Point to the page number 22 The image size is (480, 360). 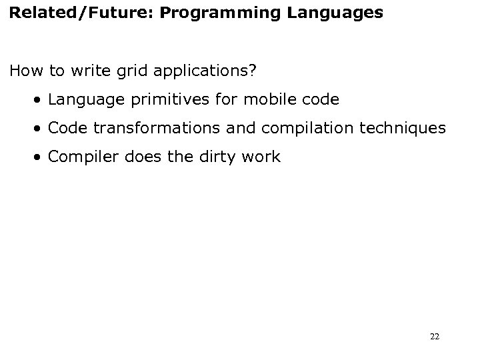pos(435,337)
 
